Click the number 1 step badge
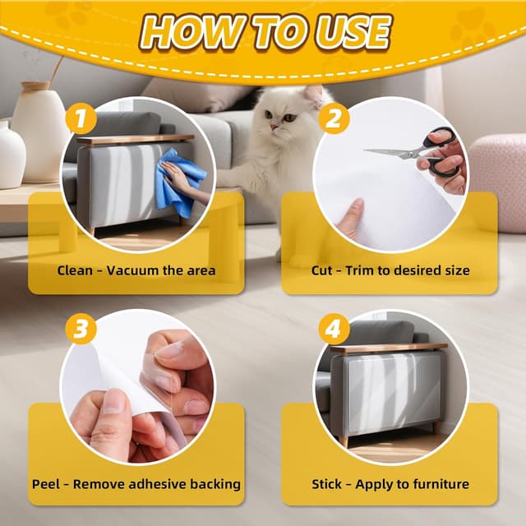[x=81, y=118]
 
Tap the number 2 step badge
[x=334, y=118]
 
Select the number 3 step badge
[x=81, y=329]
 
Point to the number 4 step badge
[x=334, y=329]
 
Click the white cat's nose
[x=273, y=127]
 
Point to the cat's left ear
[x=313, y=95]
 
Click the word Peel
[x=45, y=484]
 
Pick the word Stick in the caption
[x=326, y=484]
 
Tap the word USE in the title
[x=353, y=32]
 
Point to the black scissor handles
[x=440, y=151]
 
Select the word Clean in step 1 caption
[x=75, y=270]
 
